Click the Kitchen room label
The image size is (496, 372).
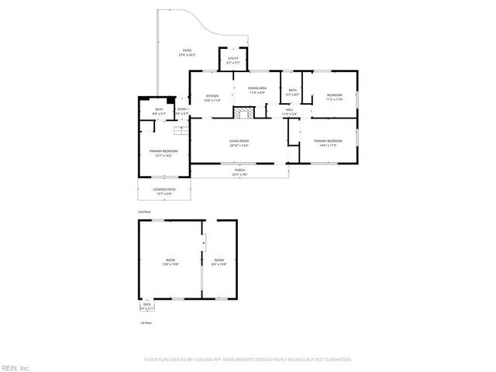pos(212,97)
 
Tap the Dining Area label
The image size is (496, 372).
pos(257,90)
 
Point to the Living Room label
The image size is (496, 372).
pos(239,143)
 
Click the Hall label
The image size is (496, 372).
pos(288,112)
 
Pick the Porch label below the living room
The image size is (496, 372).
pos(239,171)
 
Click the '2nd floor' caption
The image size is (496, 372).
pos(143,212)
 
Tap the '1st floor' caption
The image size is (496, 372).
pos(145,322)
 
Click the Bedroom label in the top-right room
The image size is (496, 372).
pos(334,98)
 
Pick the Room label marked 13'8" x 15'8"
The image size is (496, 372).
pos(170,261)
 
